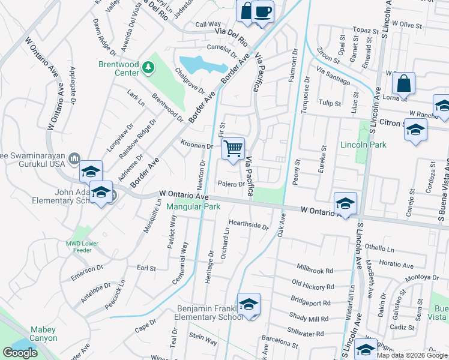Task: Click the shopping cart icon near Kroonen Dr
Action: coord(233,148)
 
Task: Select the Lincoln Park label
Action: coord(363,145)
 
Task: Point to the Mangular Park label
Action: coord(193,207)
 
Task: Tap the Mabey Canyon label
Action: coord(43,334)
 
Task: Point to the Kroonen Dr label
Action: coord(197,146)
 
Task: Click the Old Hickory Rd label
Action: coord(312,282)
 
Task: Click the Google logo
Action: coord(20,353)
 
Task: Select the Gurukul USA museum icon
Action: coord(74,158)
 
